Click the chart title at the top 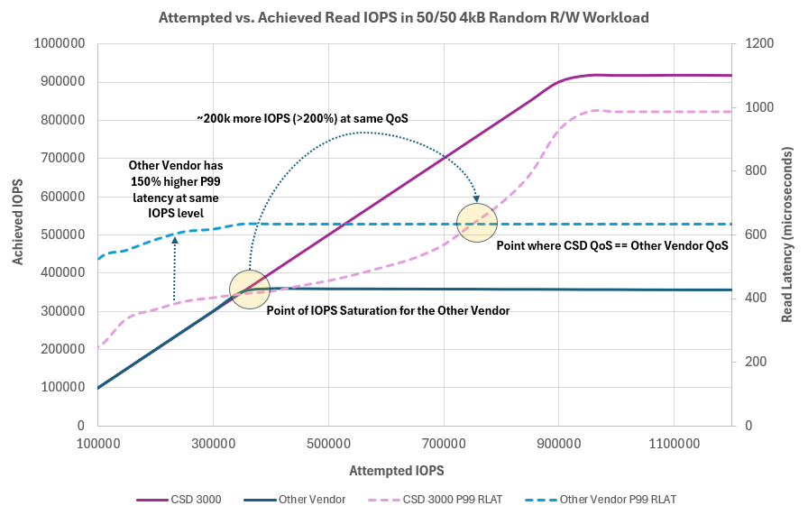pos(403,16)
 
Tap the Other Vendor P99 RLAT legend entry pos(618,499)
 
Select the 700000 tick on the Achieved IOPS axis pos(61,158)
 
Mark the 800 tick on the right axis pos(749,170)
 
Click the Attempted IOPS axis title pos(400,471)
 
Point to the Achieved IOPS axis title pos(18,234)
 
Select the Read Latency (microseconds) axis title pos(786,235)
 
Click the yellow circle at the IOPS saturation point pos(250,289)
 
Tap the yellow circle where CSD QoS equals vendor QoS pos(477,222)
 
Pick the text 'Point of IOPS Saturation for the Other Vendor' pos(388,309)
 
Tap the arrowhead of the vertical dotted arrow pos(174,235)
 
